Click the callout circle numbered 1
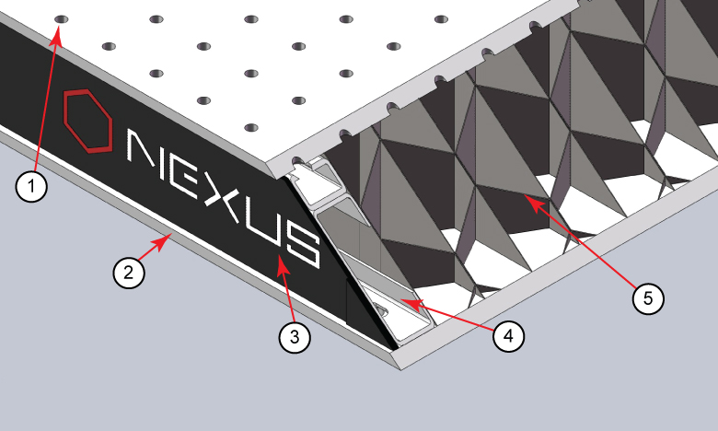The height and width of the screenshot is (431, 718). [31, 186]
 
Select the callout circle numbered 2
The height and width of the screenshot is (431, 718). [129, 273]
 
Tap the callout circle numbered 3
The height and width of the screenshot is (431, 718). [295, 337]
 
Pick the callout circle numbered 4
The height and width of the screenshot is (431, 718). [509, 336]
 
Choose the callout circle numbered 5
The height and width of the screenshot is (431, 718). [648, 298]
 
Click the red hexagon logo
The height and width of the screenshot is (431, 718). [87, 121]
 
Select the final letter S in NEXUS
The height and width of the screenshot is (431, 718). [303, 248]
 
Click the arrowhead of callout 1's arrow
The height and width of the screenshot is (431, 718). [57, 36]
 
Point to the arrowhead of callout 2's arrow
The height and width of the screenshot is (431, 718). [166, 239]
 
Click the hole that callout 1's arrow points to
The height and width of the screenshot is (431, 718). [62, 19]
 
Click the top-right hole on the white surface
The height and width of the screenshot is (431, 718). [441, 19]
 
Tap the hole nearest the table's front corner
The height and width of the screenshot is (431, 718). [251, 127]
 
